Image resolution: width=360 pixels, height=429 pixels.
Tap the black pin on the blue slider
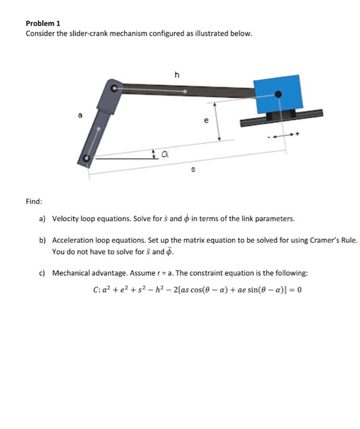(x=278, y=94)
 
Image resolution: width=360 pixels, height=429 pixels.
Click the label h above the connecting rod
(x=177, y=75)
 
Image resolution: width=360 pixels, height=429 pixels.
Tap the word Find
(x=33, y=200)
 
